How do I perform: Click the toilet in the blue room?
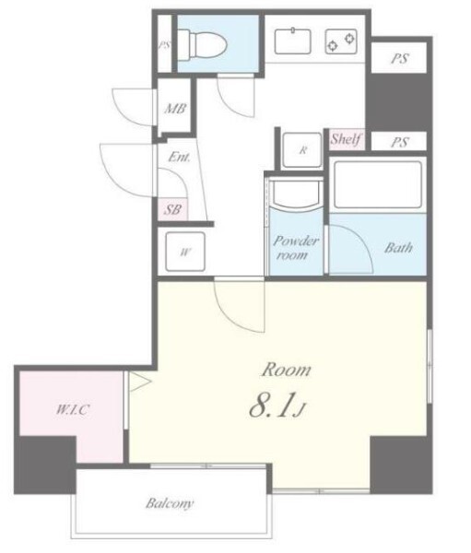[202, 44]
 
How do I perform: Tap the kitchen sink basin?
[293, 41]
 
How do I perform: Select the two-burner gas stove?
[341, 41]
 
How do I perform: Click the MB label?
[175, 109]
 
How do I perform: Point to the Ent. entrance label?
[179, 157]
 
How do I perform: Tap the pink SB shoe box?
[172, 210]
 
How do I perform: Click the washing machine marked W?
[185, 252]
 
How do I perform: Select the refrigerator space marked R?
[302, 150]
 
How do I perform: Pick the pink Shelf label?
[346, 138]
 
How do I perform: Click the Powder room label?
[296, 248]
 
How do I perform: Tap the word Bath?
[398, 248]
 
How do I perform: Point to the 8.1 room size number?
[272, 406]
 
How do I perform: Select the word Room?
[286, 370]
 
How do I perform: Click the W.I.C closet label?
[73, 409]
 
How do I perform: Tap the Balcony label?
[170, 503]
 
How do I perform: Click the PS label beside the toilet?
[164, 45]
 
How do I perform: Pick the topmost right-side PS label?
[400, 58]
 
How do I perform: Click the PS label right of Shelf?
[400, 142]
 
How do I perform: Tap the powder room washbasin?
[296, 195]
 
